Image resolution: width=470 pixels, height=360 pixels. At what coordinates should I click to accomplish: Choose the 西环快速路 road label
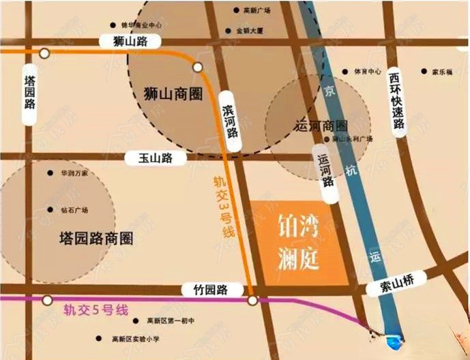click(396, 100)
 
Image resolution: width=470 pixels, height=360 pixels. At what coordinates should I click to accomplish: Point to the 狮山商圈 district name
click(173, 93)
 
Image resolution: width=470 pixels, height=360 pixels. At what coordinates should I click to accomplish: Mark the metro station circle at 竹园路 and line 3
click(252, 300)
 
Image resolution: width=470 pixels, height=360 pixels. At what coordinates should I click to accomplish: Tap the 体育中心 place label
click(367, 70)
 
